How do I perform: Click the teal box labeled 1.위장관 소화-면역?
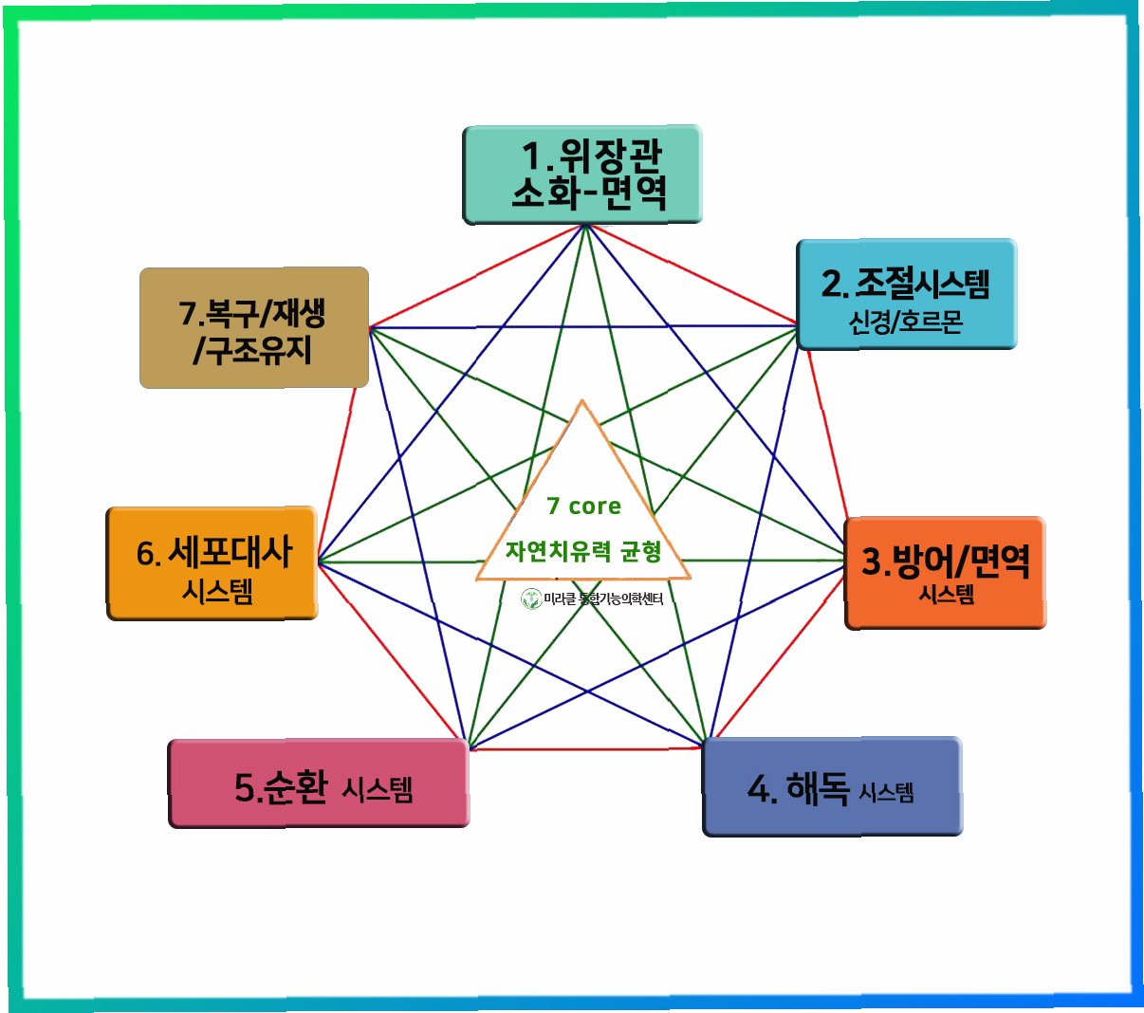(582, 175)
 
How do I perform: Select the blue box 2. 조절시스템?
(906, 294)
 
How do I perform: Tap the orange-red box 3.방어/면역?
(945, 573)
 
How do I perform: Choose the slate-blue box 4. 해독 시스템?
(832, 787)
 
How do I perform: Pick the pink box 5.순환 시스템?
(319, 783)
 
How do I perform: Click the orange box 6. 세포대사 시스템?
(212, 563)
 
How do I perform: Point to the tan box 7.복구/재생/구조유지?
(253, 328)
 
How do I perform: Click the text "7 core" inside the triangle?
(583, 506)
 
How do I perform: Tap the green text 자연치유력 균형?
(582, 551)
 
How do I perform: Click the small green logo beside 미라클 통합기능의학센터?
(530, 599)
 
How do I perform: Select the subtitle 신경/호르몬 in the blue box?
(906, 322)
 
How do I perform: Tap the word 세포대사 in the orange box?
(230, 552)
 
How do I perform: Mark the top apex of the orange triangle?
(582, 401)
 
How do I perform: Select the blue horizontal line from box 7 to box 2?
(583, 326)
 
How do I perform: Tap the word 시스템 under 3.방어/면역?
(946, 596)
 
